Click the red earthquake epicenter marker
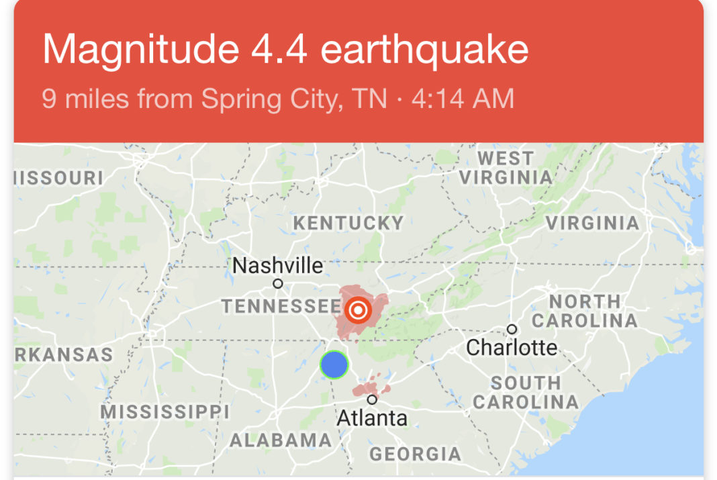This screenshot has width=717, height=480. click(x=358, y=309)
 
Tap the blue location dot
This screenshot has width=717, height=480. click(x=334, y=365)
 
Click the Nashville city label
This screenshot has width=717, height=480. click(x=277, y=266)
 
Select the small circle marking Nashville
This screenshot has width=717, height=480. click(x=278, y=284)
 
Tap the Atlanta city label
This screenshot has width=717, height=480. click(x=371, y=418)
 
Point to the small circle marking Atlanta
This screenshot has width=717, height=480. click(x=372, y=399)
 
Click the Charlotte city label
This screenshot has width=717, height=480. click(x=512, y=347)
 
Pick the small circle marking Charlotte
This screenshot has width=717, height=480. click(x=512, y=329)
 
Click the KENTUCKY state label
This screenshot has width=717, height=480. click(x=348, y=223)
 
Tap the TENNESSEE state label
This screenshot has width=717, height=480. click(x=281, y=307)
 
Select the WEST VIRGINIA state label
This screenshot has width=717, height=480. click(x=506, y=168)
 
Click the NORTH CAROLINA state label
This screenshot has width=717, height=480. click(x=585, y=311)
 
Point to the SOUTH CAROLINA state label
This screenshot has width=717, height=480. click(x=526, y=393)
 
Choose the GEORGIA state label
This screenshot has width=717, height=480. click(x=416, y=454)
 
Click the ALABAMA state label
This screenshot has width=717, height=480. click(x=281, y=440)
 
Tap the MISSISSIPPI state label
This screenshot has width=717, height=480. click(x=165, y=411)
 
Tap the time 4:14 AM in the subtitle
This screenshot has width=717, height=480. click(x=463, y=99)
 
